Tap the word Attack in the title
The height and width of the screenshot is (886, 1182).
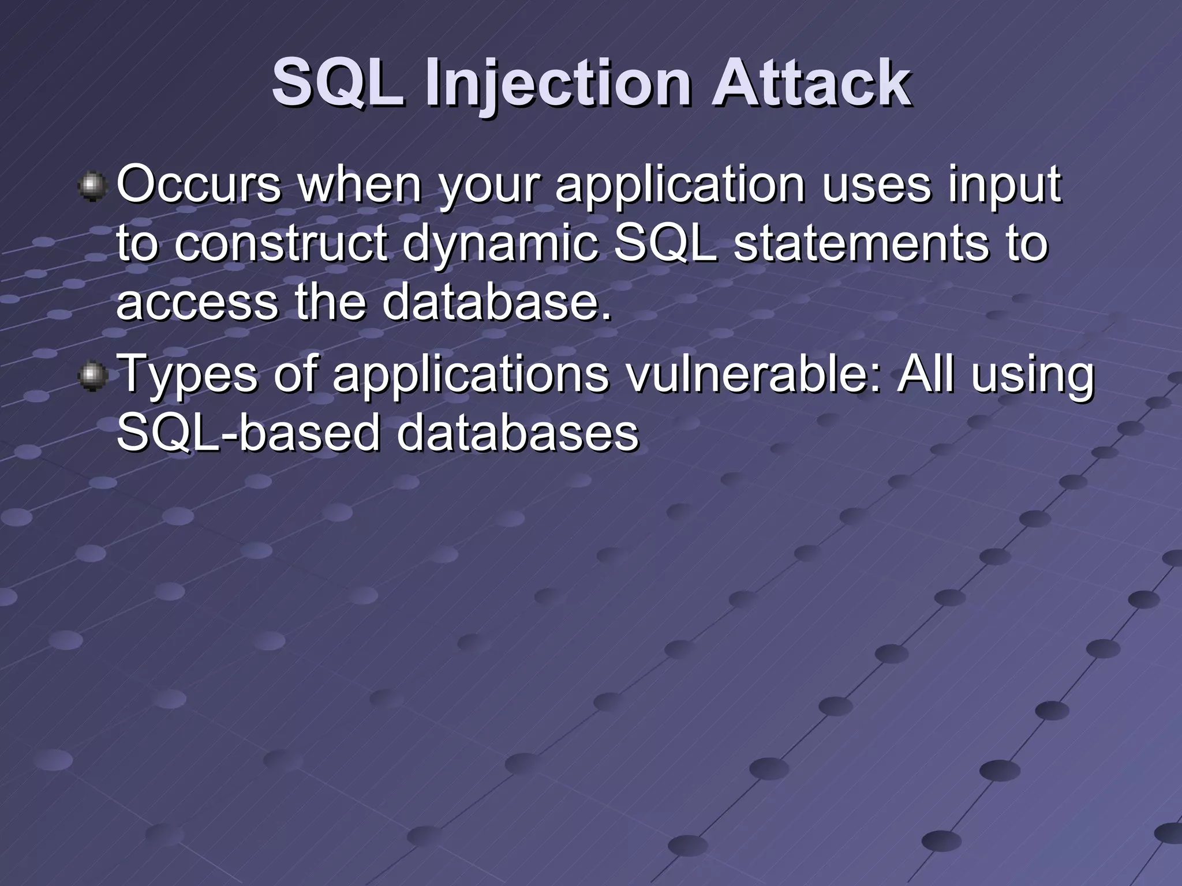point(811,85)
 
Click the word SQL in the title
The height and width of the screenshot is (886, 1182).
point(338,85)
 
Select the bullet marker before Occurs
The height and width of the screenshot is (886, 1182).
point(92,187)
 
